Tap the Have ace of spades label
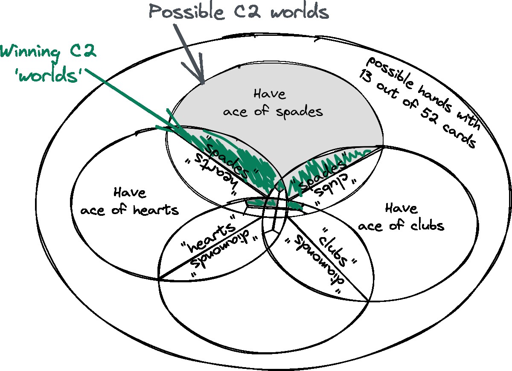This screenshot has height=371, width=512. (272, 103)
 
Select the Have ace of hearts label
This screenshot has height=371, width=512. (129, 201)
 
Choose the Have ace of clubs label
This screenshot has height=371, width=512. (401, 216)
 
